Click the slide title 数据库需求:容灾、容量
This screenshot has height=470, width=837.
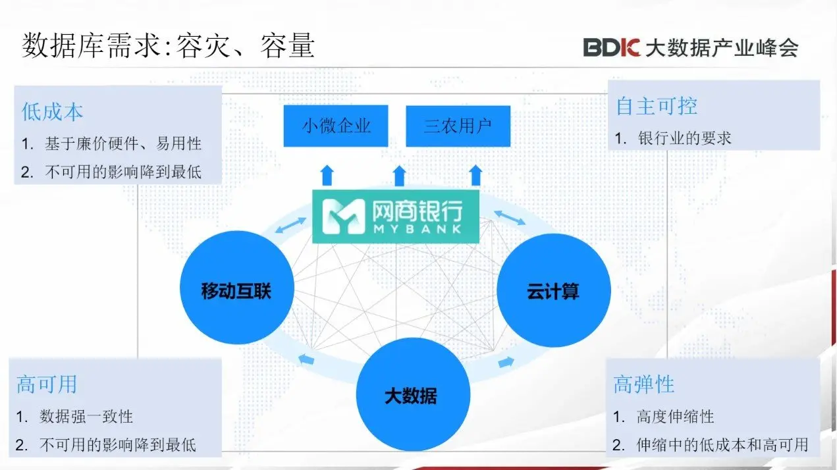169,45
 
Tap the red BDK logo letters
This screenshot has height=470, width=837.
612,47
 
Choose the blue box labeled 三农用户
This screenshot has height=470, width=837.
458,126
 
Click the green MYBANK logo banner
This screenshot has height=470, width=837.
396,215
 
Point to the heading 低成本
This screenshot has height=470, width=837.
53,112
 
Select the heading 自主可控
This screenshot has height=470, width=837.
656,106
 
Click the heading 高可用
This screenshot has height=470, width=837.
47,384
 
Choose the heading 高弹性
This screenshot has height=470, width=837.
644,384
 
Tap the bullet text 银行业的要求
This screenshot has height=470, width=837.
685,138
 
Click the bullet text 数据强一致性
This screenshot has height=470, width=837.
86,417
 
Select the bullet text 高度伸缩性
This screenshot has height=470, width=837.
675,417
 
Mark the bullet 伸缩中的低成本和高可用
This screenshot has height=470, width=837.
722,445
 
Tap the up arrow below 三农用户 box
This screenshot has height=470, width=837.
476,175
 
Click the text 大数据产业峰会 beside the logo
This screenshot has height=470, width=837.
721,48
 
